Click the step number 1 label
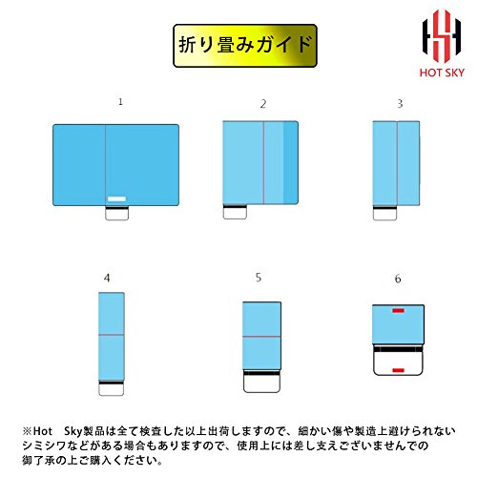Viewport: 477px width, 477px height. point(120,102)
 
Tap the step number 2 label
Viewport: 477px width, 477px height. point(263,104)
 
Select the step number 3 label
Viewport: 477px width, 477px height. point(400,104)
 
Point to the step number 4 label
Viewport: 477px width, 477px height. point(107,279)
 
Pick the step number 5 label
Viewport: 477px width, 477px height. point(259,278)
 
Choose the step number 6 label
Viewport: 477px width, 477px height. point(398,279)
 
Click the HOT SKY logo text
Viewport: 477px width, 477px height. point(442,73)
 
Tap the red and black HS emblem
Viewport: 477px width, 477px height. point(442,36)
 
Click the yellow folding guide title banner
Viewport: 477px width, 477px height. point(245,46)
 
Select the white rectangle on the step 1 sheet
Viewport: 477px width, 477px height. point(116,199)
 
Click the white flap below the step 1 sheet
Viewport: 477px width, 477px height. point(117,214)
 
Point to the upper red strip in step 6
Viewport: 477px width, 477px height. point(398,310)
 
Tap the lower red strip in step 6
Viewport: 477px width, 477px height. point(398,370)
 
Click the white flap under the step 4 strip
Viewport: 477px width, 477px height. point(111,389)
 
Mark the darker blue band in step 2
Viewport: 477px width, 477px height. point(291,162)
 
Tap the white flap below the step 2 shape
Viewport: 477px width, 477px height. point(235,214)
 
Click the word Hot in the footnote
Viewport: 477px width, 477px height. point(43,431)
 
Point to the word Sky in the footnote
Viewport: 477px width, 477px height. point(73,431)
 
